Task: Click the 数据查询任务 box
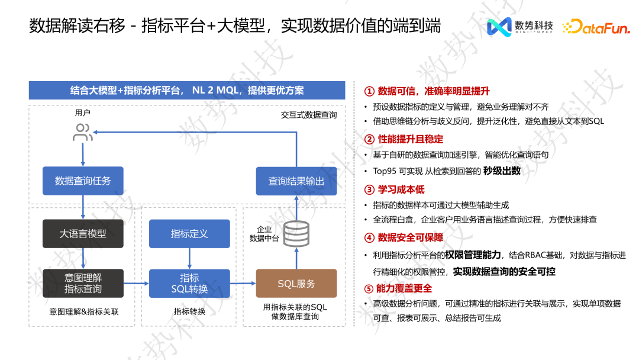83,181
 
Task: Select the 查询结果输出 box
296,181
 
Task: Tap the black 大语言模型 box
83,233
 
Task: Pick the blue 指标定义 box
189,233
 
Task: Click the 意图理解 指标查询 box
83,283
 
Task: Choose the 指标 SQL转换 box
189,283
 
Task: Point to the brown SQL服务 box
296,284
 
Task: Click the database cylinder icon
296,234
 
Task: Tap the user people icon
83,132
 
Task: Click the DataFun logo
596,27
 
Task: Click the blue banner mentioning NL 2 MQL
187,91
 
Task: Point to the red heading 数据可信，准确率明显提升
427,91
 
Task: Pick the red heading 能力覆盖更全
398,288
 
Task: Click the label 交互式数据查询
309,115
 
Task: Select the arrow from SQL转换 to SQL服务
243,284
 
